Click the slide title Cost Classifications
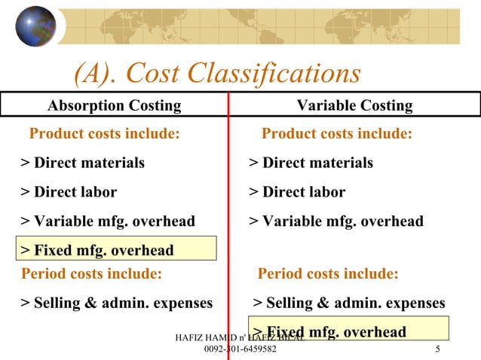click(217, 73)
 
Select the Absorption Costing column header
click(115, 105)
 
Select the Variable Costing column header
click(354, 105)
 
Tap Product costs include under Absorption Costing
click(105, 134)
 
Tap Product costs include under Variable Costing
click(337, 134)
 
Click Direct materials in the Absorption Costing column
click(83, 163)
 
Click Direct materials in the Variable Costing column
click(311, 163)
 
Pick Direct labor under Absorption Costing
click(69, 192)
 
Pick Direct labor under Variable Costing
click(297, 192)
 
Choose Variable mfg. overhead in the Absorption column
click(108, 221)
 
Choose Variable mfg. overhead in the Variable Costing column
click(336, 221)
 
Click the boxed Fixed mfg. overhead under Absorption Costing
click(97, 249)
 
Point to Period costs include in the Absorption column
click(92, 273)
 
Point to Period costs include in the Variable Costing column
click(328, 273)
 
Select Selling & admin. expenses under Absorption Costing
click(117, 304)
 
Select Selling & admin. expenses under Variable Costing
click(349, 304)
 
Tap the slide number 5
click(438, 349)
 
